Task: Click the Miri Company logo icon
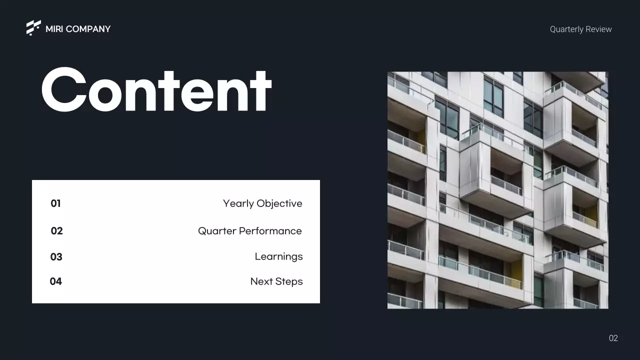coord(33,27)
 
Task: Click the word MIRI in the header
coord(54,29)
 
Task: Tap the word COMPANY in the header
coord(88,29)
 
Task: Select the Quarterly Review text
coord(580,29)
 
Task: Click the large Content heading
coord(156,90)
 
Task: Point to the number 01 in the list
coord(55,203)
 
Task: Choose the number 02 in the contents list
coord(56,231)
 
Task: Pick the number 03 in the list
coord(56,257)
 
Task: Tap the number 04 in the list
coord(55,281)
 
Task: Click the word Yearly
coord(237,204)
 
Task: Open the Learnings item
coord(278,257)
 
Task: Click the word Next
coord(261,281)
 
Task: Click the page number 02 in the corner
coord(613,338)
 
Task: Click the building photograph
coord(497,190)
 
